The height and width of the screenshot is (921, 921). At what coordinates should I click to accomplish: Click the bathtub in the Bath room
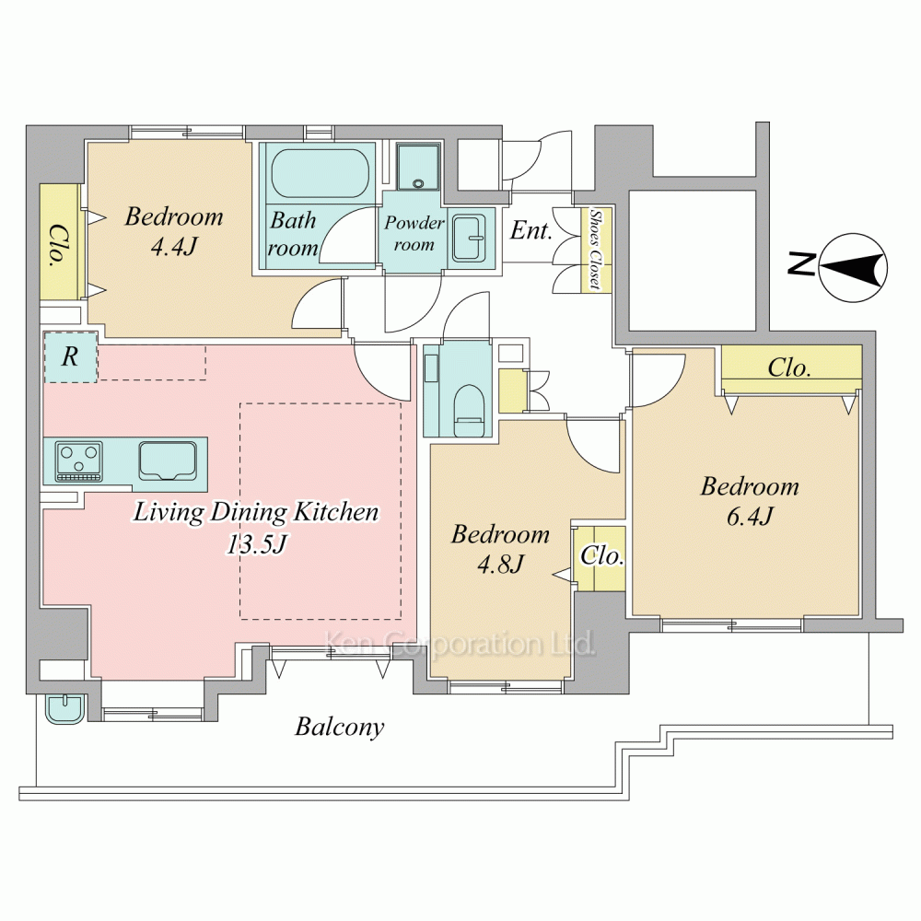click(x=321, y=173)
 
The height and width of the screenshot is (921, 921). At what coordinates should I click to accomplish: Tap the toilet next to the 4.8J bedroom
click(x=469, y=410)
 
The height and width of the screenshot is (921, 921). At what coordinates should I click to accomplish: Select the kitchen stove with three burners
click(x=78, y=461)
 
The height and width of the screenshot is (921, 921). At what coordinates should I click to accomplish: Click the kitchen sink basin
click(x=168, y=461)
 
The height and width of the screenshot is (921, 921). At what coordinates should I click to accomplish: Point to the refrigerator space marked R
click(x=71, y=357)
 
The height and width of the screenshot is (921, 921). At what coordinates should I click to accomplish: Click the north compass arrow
click(x=852, y=268)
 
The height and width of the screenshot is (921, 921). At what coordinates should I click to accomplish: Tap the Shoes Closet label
click(x=596, y=249)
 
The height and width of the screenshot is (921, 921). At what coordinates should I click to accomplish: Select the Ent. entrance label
click(x=531, y=230)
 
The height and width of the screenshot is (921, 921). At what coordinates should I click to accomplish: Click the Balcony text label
click(x=340, y=728)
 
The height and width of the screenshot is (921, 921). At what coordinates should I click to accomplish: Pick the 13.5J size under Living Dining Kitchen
click(x=257, y=544)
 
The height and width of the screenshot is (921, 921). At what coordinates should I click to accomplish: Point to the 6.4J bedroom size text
click(x=750, y=517)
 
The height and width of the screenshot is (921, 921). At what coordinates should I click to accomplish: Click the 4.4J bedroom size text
click(x=174, y=247)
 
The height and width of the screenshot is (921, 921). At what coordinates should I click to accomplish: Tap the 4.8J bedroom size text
click(x=500, y=565)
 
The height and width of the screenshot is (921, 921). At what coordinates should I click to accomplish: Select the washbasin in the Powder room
click(x=469, y=238)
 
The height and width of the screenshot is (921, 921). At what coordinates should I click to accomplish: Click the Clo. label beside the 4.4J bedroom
click(x=57, y=245)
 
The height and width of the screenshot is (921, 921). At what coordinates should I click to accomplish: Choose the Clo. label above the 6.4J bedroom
click(x=789, y=368)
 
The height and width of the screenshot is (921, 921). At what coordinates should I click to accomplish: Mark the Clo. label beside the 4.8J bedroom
click(x=601, y=555)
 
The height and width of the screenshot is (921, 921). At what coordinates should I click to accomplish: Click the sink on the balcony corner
click(x=65, y=708)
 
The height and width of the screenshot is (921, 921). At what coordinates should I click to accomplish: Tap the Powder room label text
click(x=414, y=233)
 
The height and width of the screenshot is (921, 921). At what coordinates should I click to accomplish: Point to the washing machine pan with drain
click(x=417, y=167)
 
